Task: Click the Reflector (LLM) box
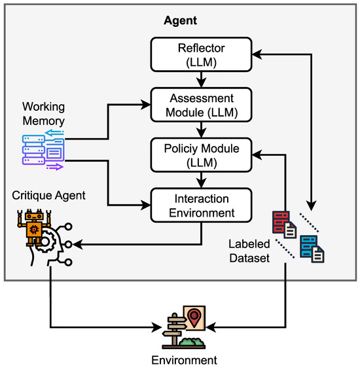click(x=201, y=54)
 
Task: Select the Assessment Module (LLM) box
click(x=201, y=105)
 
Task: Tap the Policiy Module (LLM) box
click(x=201, y=155)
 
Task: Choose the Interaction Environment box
click(x=201, y=205)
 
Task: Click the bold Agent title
click(x=180, y=21)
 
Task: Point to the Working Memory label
click(x=44, y=114)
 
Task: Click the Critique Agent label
click(x=49, y=196)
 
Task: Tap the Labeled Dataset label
click(x=249, y=251)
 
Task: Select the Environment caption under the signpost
click(x=185, y=360)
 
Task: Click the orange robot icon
click(x=34, y=227)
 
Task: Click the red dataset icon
click(x=284, y=225)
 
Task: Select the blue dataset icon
click(x=312, y=249)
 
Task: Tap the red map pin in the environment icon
click(x=194, y=318)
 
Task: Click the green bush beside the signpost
click(x=192, y=341)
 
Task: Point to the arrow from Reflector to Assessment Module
click(x=201, y=80)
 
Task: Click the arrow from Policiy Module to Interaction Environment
click(x=201, y=180)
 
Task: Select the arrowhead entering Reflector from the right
click(x=257, y=54)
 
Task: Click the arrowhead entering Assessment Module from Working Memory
click(x=145, y=105)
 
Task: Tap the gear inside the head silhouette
click(x=47, y=241)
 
